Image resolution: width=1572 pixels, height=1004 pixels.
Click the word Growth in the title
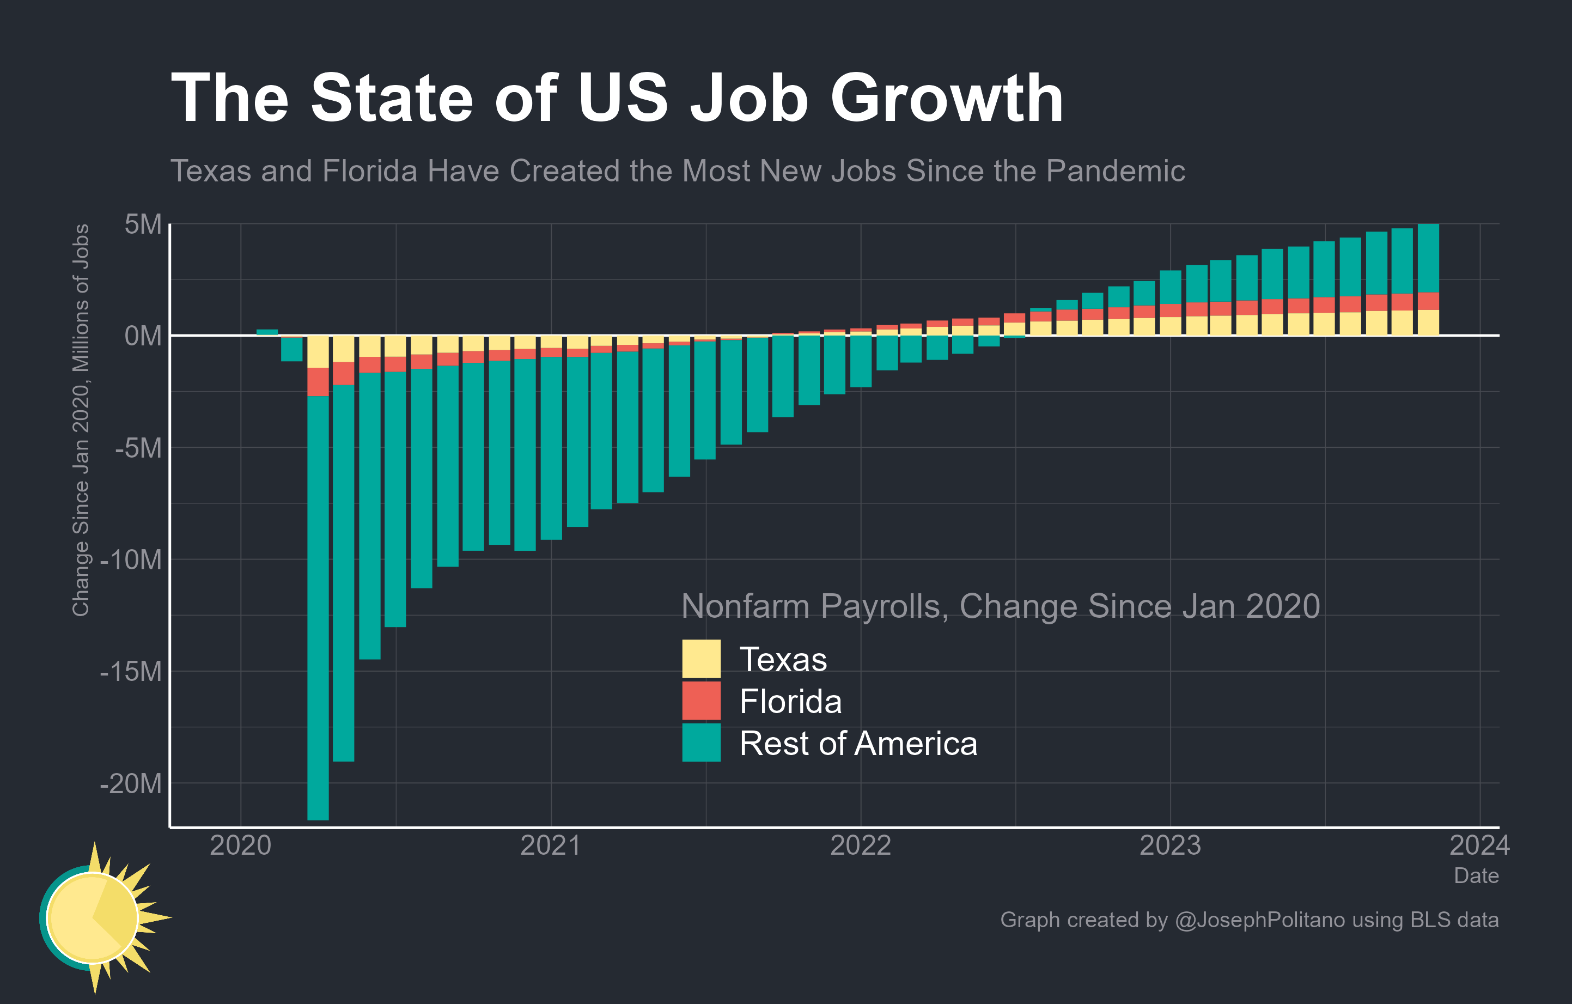click(946, 98)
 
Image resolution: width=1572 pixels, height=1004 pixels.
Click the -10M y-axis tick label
click(131, 559)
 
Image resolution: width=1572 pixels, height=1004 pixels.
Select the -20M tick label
click(131, 783)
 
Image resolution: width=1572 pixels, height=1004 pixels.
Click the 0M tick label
click(143, 336)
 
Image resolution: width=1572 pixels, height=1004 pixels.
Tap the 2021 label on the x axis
click(550, 845)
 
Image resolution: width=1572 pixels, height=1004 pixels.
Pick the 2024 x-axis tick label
click(1479, 845)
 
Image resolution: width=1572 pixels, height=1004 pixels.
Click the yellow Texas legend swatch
click(701, 659)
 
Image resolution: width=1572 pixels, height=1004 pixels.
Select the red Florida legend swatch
click(701, 701)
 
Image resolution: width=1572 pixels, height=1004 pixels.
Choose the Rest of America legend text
click(858, 743)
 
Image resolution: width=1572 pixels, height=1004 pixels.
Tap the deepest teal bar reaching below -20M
click(318, 607)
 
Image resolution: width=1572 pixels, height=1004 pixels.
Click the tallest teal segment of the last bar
click(1428, 258)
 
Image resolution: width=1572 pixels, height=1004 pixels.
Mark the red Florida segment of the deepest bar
click(318, 382)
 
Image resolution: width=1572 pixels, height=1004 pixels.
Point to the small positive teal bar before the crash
click(267, 332)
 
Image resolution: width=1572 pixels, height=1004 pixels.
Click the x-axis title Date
click(1476, 875)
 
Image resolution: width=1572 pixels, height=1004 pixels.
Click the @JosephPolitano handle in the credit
click(1259, 920)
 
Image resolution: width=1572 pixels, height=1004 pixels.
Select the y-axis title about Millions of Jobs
click(80, 420)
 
